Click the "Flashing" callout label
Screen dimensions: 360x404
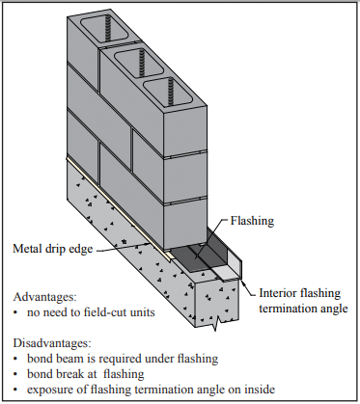(252, 221)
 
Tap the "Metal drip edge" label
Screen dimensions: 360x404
(53, 249)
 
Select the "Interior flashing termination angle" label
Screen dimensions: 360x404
(303, 301)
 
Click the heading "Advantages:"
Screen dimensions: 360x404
(45, 297)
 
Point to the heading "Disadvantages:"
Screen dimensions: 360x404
(52, 343)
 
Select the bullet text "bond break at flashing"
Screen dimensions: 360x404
(86, 374)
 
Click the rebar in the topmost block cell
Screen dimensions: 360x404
(107, 29)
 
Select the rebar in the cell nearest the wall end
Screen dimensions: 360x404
(171, 93)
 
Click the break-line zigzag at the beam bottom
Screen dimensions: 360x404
(216, 324)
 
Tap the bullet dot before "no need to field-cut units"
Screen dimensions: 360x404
(15, 312)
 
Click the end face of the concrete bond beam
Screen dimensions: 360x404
(216, 302)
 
